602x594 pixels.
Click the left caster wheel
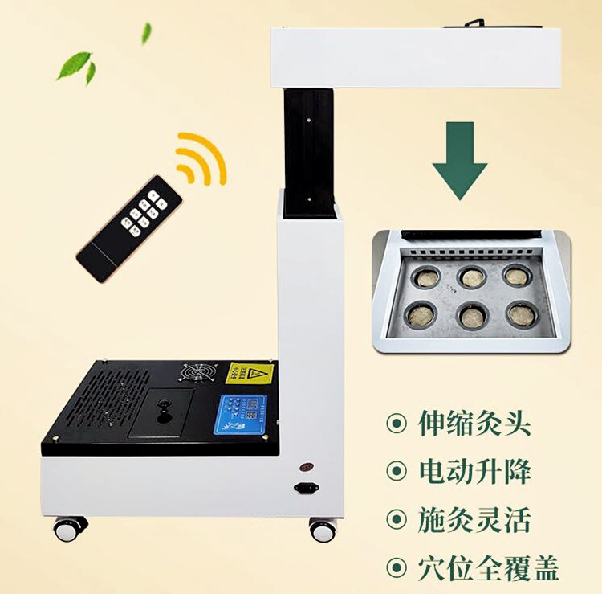pos(71,528)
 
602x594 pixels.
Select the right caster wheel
pos(323,530)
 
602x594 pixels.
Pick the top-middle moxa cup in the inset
pos(472,278)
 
